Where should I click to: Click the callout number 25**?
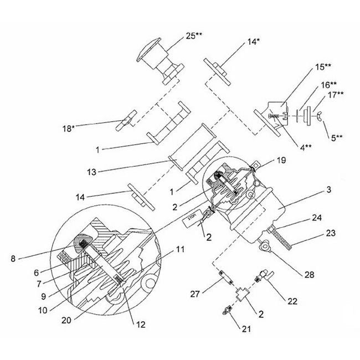click(194, 35)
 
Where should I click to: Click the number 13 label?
click(91, 172)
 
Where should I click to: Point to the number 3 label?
click(328, 191)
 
